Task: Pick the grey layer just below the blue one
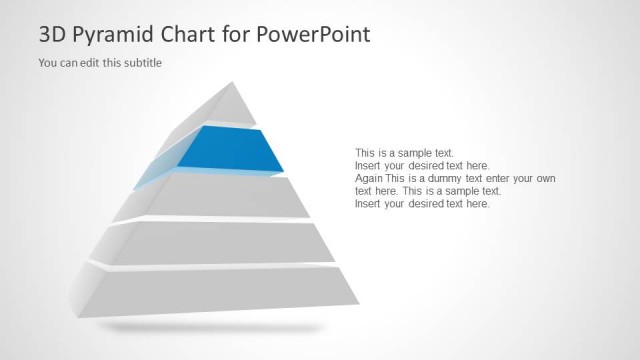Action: (240, 197)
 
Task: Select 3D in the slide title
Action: (54, 34)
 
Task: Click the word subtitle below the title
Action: (141, 63)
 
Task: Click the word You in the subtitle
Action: (47, 63)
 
